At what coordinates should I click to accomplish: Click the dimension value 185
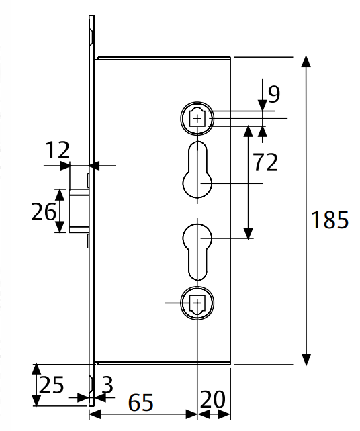pos(330,220)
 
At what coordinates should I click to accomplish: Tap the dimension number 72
pos(265,162)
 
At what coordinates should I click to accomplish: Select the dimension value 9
pos(274,94)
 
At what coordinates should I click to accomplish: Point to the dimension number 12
pos(57,150)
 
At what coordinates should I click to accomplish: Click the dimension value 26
pos(44,211)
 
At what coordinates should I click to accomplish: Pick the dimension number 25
pos(52,385)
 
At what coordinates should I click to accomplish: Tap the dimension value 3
pos(107,385)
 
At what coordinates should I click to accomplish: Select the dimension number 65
pos(140,403)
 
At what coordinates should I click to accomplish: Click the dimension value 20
pos(213,399)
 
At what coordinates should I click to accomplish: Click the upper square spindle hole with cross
pos(197,119)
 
